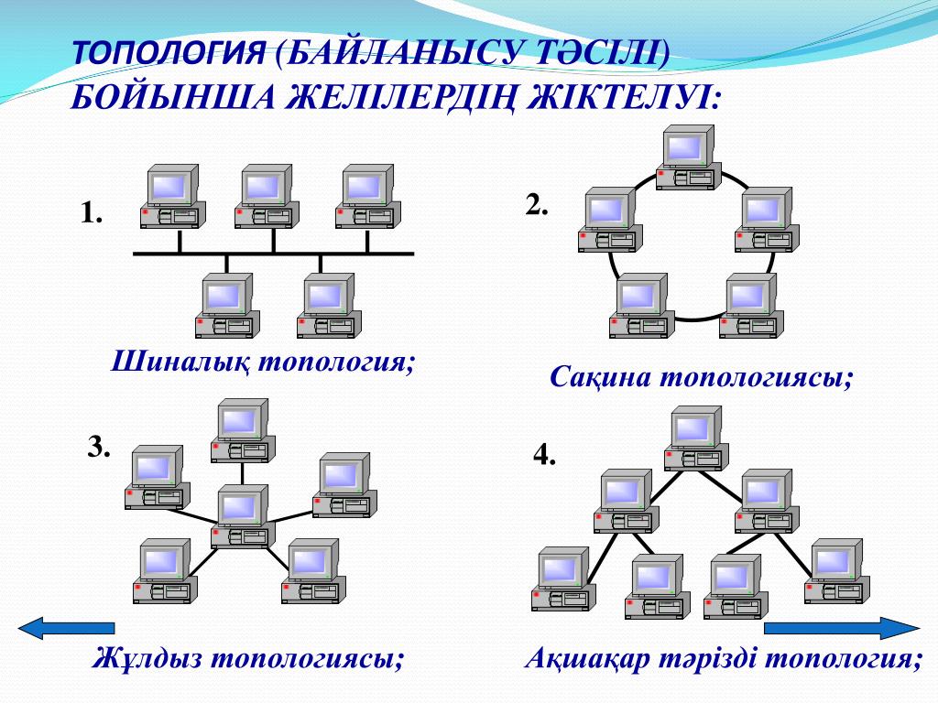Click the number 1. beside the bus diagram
(91, 214)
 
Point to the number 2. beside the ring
(537, 204)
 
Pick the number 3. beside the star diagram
(99, 447)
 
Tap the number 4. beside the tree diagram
(545, 455)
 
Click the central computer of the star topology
(242, 516)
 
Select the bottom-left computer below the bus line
(227, 306)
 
